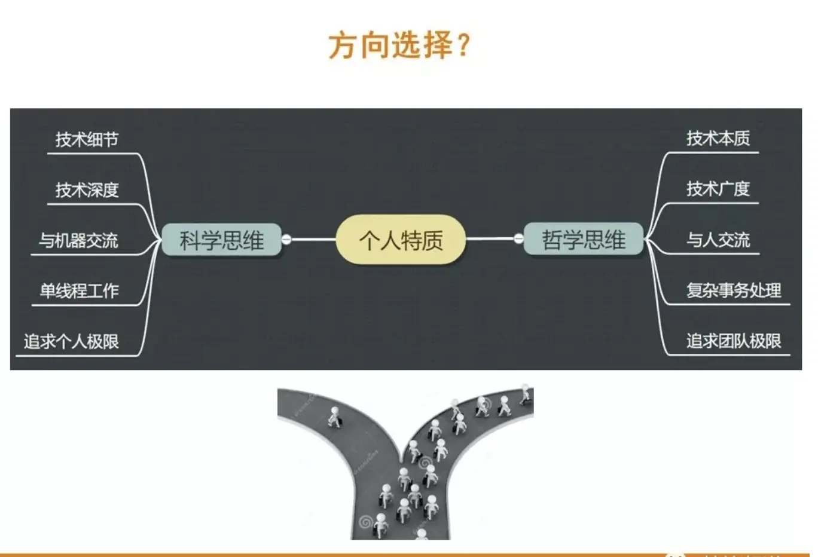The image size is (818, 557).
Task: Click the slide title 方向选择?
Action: click(x=399, y=45)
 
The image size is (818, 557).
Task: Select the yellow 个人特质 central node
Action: click(x=401, y=240)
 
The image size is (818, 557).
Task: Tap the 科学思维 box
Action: click(x=221, y=240)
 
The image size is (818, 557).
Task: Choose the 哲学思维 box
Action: click(x=583, y=240)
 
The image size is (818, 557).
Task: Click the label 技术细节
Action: click(x=87, y=139)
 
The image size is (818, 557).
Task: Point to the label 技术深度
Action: click(x=87, y=190)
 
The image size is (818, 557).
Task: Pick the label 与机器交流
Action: click(x=78, y=241)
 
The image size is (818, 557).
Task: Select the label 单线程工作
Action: click(x=79, y=291)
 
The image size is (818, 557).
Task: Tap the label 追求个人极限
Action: click(x=71, y=342)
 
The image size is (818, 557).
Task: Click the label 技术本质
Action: click(x=718, y=139)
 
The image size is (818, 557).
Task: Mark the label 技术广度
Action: click(x=718, y=189)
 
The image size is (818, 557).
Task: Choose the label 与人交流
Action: click(x=718, y=240)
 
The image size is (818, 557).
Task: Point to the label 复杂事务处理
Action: click(x=733, y=290)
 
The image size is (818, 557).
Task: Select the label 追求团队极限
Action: click(x=733, y=341)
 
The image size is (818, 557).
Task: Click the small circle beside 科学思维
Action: click(x=286, y=240)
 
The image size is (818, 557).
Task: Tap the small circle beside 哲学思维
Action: click(x=518, y=239)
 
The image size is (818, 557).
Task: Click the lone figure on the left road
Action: click(x=334, y=417)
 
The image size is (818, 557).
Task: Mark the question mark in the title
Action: click(x=463, y=45)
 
